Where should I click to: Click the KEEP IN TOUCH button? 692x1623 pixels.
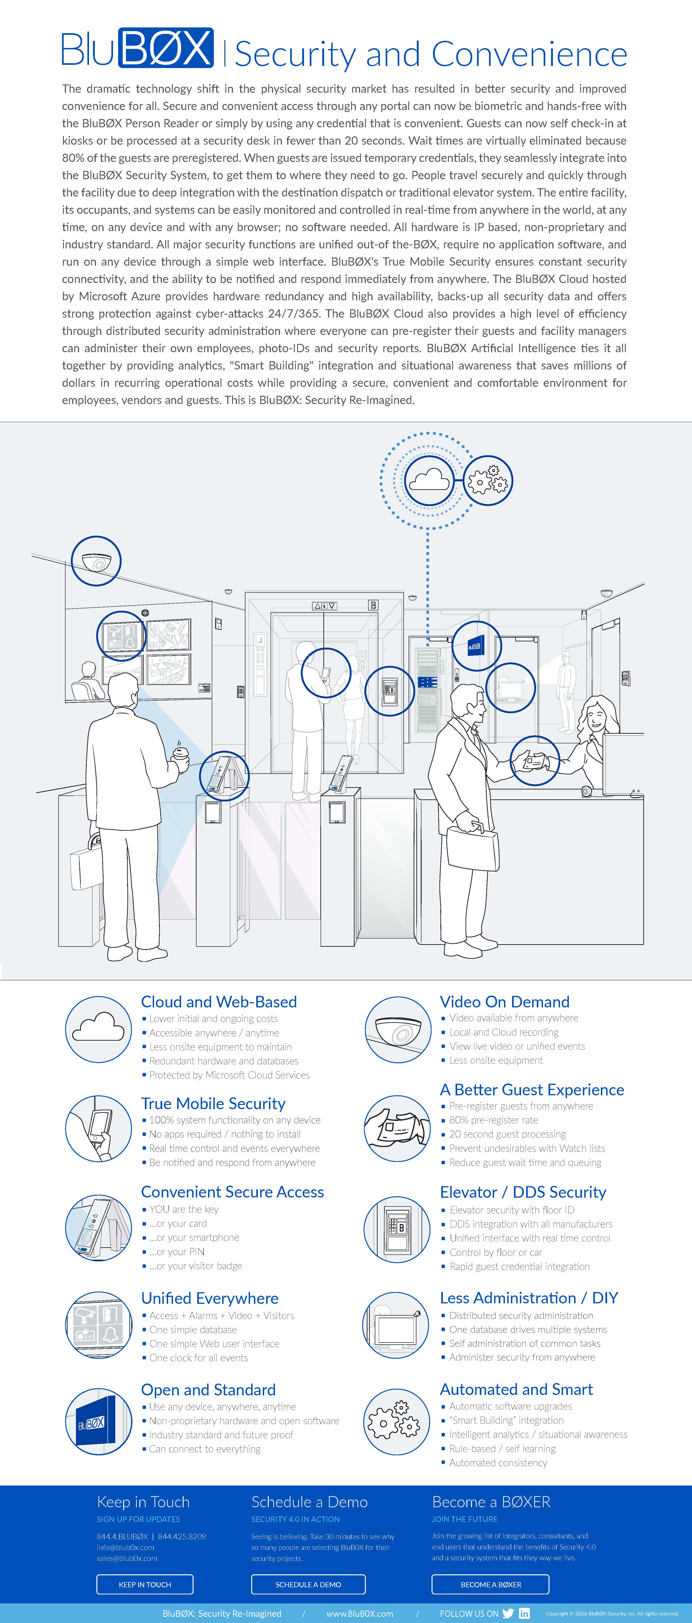point(145,1584)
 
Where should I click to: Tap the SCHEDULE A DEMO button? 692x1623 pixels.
point(308,1584)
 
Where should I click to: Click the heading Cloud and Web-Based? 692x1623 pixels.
point(219,1002)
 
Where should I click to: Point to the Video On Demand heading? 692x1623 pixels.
point(504,1002)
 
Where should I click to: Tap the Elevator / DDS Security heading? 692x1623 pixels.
point(522,1192)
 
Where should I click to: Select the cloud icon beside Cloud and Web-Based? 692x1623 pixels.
point(98,1028)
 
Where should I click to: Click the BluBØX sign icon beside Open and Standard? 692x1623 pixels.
point(98,1422)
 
